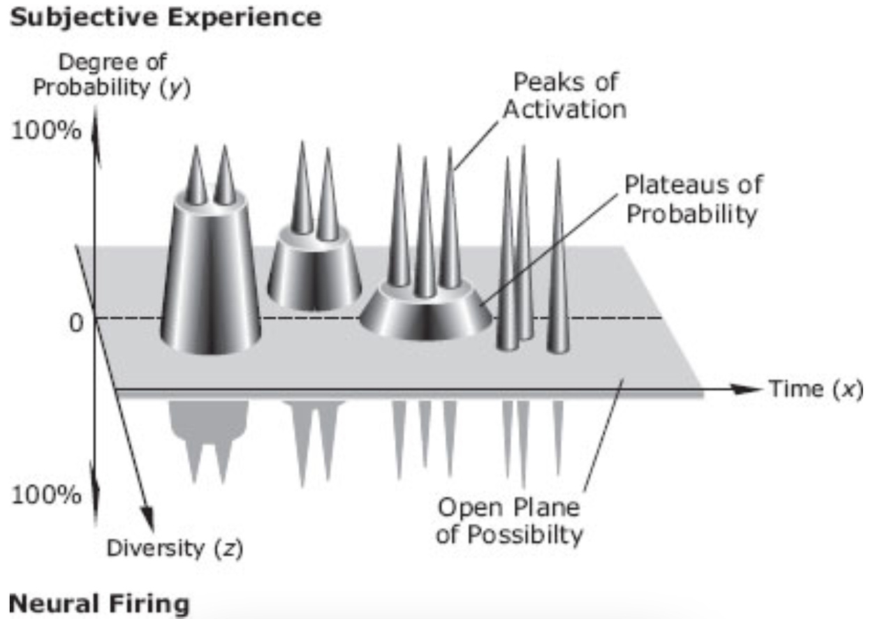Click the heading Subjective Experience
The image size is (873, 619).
(x=166, y=18)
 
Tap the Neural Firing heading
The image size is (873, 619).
(x=99, y=604)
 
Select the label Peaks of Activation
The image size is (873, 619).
(x=565, y=96)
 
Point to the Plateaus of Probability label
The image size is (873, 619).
(x=694, y=199)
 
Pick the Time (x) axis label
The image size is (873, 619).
(x=815, y=389)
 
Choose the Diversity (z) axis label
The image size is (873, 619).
(x=175, y=549)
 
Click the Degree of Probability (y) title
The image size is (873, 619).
(x=112, y=75)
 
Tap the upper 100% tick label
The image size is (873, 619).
(x=46, y=130)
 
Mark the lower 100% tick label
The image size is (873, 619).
(x=46, y=495)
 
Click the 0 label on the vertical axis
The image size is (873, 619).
(x=76, y=323)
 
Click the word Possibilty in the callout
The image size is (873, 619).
(x=525, y=535)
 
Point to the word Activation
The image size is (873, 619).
(x=565, y=109)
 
